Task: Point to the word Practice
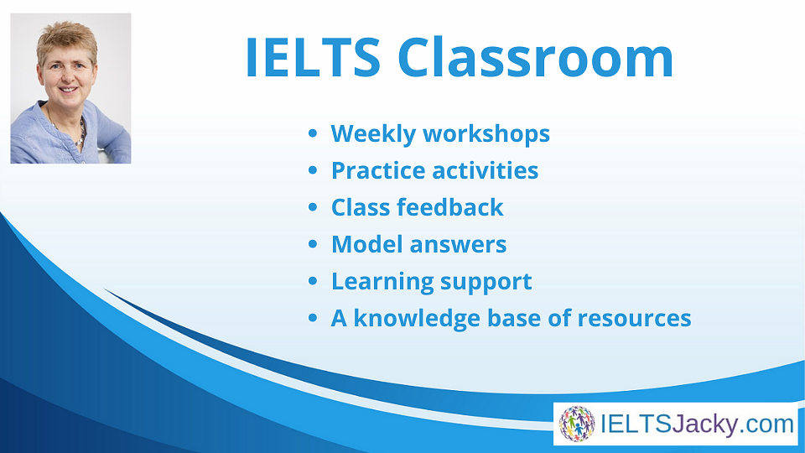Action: click(x=377, y=170)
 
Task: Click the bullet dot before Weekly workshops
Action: click(x=313, y=134)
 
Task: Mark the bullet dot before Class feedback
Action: click(x=313, y=208)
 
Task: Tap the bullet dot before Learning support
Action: click(x=313, y=282)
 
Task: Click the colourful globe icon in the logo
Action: click(x=577, y=424)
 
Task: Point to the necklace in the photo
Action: click(x=77, y=134)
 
